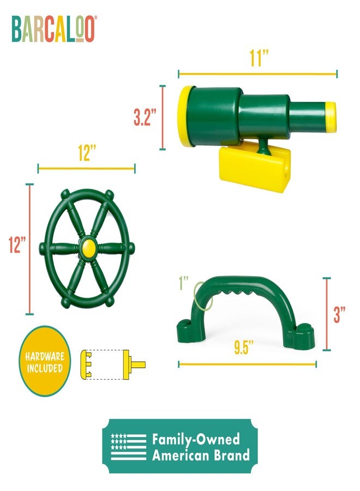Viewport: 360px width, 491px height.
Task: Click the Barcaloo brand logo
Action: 53,29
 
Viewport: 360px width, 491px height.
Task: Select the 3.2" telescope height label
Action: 145,117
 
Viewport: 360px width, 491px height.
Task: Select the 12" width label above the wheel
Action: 86,154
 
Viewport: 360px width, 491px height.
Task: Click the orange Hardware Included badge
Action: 45,361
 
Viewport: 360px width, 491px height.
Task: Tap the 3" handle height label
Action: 339,314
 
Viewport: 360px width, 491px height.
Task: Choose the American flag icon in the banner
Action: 128,446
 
